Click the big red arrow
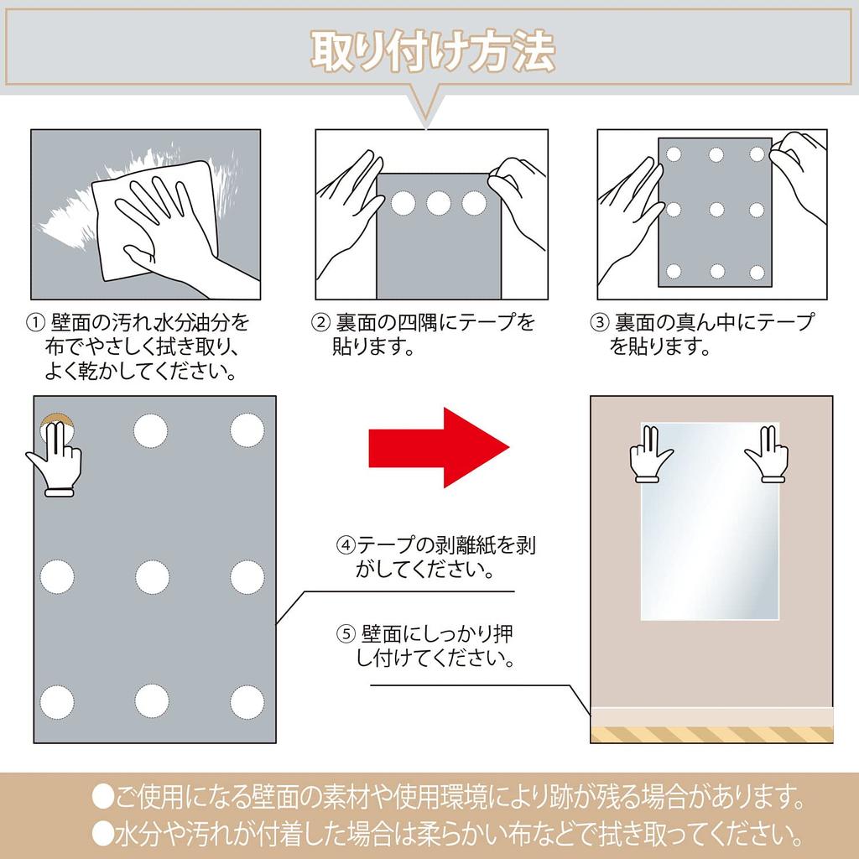(439, 448)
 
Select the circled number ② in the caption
(320, 323)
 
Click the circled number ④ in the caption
(346, 544)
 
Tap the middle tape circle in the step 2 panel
(439, 203)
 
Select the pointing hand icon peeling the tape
(55, 457)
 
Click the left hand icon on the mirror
(650, 454)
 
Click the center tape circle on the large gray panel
(152, 576)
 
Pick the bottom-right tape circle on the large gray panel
(247, 700)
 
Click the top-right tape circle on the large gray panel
(247, 429)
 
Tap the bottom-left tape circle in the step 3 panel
(673, 271)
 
